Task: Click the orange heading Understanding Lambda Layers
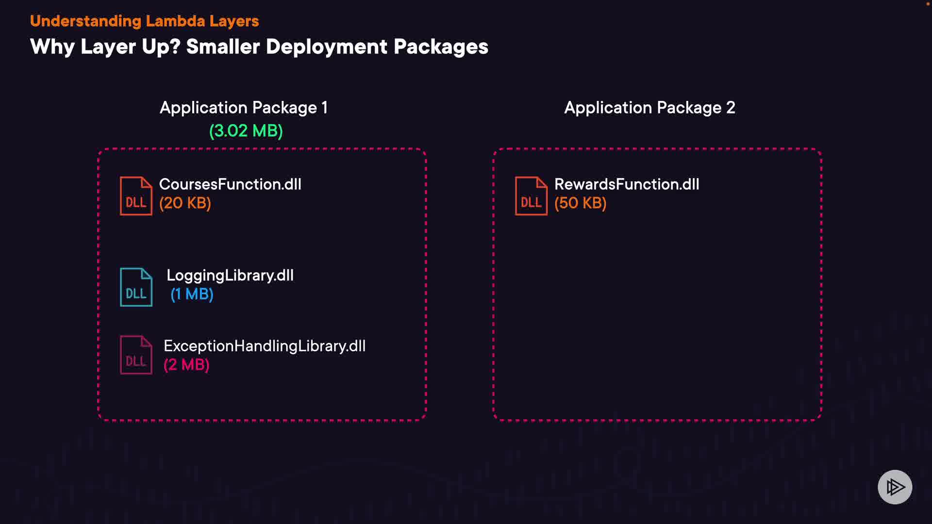tap(144, 21)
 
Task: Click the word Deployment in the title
tap(327, 47)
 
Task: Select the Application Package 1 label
tap(244, 107)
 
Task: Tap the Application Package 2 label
tap(649, 107)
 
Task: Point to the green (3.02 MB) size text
tap(246, 131)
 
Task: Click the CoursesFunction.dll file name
tap(230, 184)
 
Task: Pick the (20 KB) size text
tap(185, 203)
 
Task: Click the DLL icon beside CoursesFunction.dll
tap(136, 196)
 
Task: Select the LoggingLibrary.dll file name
tap(230, 276)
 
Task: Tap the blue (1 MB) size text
tap(192, 294)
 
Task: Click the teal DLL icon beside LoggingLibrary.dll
tap(136, 287)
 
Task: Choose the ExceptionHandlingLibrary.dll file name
tap(265, 346)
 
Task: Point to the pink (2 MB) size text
tap(186, 364)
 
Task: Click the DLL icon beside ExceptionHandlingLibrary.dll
tap(136, 355)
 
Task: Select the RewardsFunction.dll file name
tap(627, 184)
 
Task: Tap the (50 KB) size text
tap(581, 203)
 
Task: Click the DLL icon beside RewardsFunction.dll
tap(531, 196)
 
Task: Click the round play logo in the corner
tap(895, 487)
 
